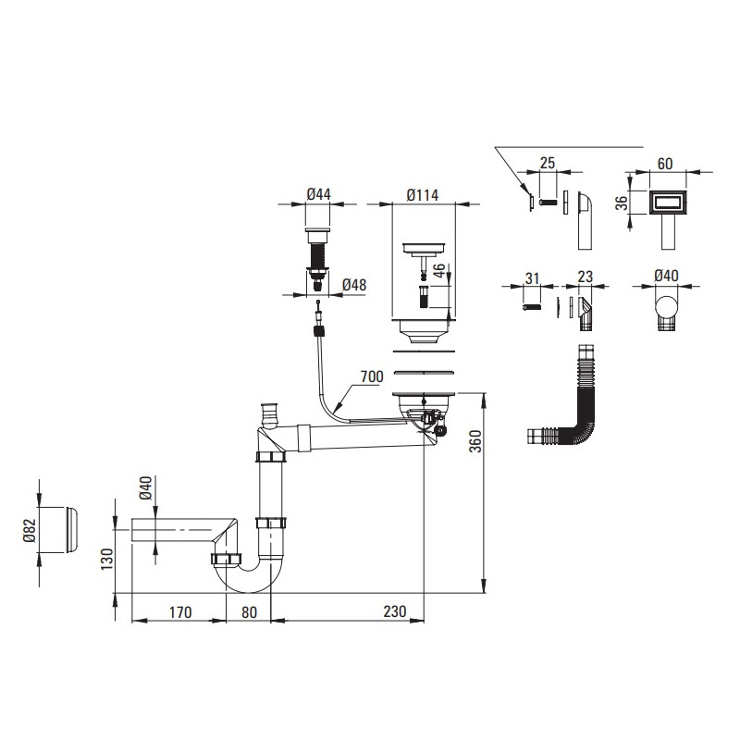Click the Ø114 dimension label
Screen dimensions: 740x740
[422, 194]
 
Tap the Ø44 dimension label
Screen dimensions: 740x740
[319, 194]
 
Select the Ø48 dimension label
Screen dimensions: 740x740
[352, 285]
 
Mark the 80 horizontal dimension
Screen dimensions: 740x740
[249, 611]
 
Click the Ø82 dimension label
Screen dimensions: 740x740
[30, 530]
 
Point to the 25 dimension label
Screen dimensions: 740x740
[547, 164]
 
